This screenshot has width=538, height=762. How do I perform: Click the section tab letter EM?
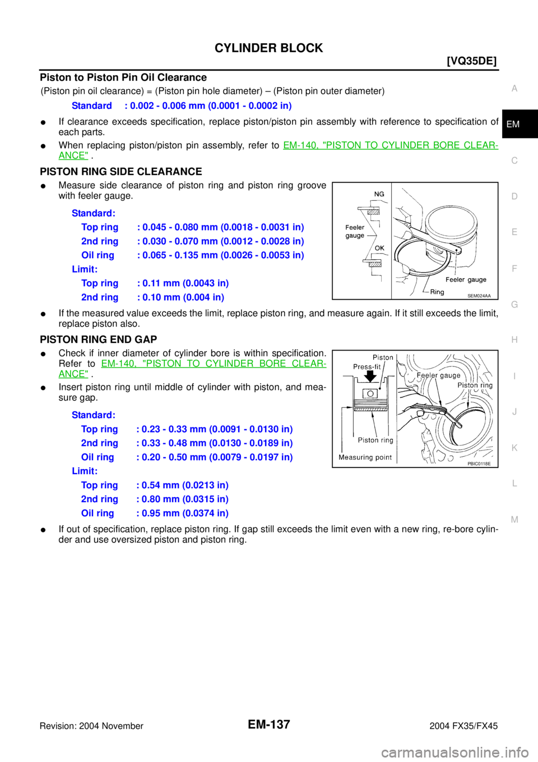[513, 124]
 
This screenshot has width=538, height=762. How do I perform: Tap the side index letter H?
[514, 340]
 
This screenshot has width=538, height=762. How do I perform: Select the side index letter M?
[514, 520]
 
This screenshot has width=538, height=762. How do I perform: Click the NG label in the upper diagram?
[379, 194]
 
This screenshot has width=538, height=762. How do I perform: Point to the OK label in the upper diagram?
[379, 248]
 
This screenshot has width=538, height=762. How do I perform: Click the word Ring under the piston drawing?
[437, 292]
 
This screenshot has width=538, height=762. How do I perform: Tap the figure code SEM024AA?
[479, 296]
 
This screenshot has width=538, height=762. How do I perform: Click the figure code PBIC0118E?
[479, 463]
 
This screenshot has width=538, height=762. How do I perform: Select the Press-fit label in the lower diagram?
[367, 367]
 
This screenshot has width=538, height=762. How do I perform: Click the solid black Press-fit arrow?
[370, 376]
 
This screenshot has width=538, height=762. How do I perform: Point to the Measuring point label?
[365, 457]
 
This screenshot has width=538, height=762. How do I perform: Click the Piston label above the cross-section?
[383, 357]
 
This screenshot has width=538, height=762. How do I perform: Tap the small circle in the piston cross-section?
[369, 393]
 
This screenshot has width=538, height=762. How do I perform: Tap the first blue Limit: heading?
[85, 269]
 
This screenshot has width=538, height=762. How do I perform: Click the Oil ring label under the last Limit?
[98, 513]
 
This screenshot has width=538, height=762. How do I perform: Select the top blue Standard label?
[92, 105]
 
